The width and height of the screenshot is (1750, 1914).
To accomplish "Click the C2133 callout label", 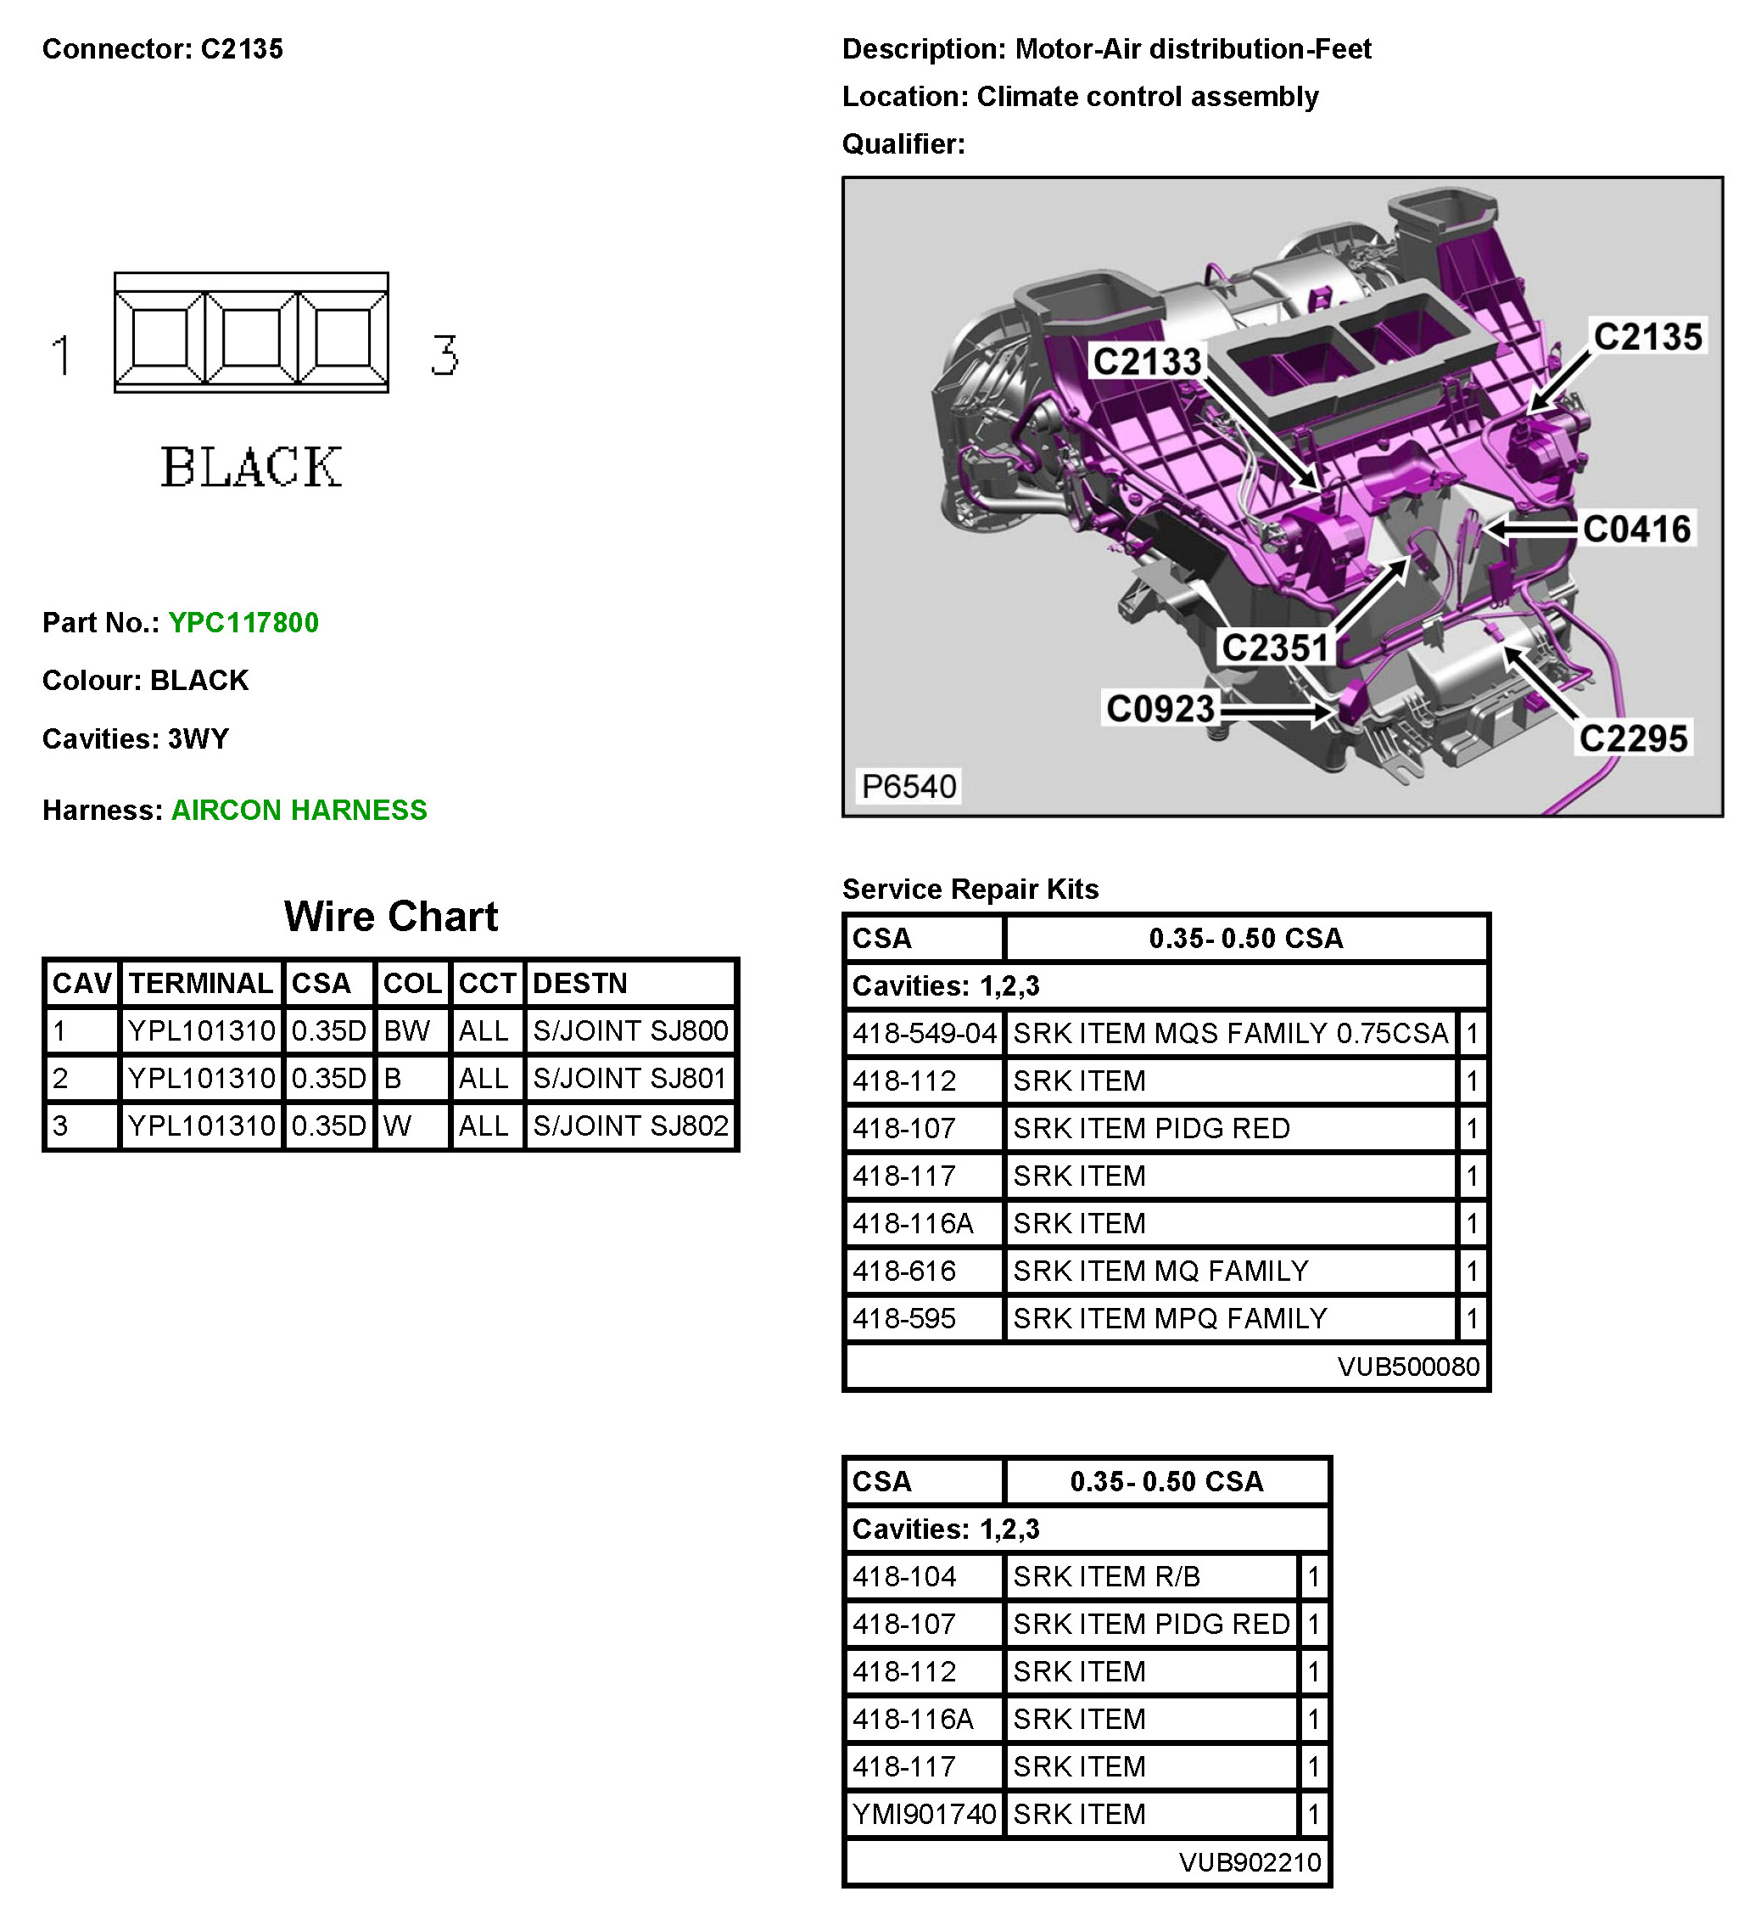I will point(1146,362).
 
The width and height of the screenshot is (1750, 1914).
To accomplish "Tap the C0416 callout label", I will point(1636,529).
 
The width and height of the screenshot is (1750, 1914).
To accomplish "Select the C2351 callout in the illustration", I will point(1276,648).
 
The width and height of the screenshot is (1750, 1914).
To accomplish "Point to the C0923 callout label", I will point(1160,708).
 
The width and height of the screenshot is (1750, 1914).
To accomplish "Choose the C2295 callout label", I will point(1632,738).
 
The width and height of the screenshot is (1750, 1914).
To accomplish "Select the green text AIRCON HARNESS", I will point(299,810).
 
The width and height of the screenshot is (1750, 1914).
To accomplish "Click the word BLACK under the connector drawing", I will point(250,467).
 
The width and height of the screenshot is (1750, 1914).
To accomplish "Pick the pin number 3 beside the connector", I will point(444,355).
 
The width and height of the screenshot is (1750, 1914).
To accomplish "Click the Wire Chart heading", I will point(390,916).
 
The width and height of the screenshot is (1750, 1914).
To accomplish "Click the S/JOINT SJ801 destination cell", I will point(629,1078).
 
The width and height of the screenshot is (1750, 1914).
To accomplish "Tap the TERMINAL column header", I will point(200,983).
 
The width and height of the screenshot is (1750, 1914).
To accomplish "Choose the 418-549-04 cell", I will point(924,1033).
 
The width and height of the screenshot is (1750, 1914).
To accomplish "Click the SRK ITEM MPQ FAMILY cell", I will point(1169,1318).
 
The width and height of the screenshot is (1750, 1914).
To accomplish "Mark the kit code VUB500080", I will point(1407,1367).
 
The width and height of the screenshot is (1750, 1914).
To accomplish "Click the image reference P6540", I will point(909,786).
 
